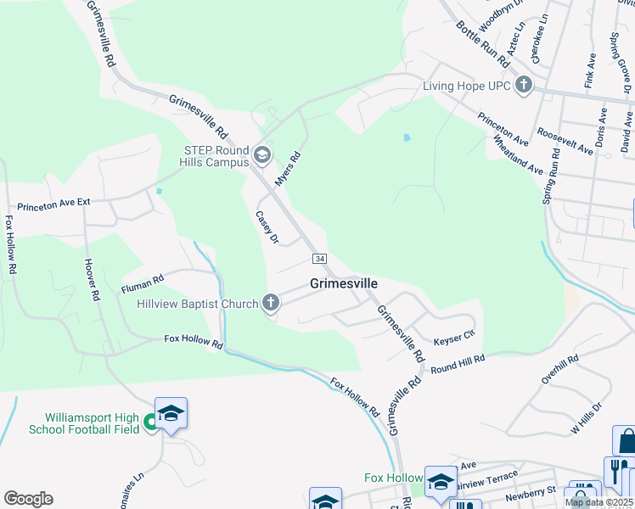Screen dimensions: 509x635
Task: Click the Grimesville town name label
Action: [x=343, y=283]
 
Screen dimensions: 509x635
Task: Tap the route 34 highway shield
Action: [x=319, y=258]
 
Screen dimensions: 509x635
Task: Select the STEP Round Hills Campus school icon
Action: [x=262, y=154]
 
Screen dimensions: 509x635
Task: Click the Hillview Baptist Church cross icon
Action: [x=271, y=302]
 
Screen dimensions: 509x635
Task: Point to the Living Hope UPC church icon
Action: [x=524, y=85]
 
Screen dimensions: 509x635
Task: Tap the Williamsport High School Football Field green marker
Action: [x=151, y=421]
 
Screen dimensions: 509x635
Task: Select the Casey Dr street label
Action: [x=267, y=227]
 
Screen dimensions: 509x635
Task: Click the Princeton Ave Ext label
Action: [x=65, y=204]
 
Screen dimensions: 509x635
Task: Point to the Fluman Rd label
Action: [x=149, y=276]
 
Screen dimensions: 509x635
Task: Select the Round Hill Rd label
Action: [x=457, y=364]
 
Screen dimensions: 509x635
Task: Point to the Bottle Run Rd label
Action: [x=481, y=42]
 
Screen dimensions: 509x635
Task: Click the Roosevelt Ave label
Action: [x=565, y=142]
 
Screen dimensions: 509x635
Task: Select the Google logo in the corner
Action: [x=28, y=499]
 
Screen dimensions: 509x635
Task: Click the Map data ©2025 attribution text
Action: [x=598, y=502]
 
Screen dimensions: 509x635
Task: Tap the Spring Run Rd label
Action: [x=551, y=177]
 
